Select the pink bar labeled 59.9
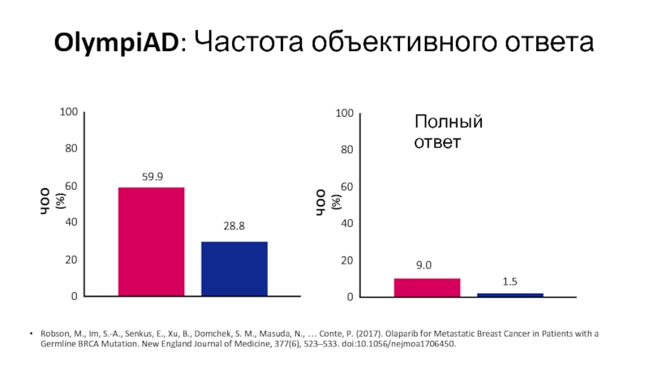(x=151, y=241)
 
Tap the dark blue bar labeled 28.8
(x=234, y=268)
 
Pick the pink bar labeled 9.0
(x=427, y=287)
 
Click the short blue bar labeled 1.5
(x=510, y=294)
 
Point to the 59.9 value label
(x=152, y=176)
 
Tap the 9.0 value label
(x=424, y=265)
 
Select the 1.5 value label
(x=509, y=281)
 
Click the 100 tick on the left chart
(x=68, y=113)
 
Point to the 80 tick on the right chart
(x=348, y=150)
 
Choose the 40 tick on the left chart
(x=71, y=222)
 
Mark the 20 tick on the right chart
(x=348, y=260)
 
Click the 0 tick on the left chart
(x=74, y=297)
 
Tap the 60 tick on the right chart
(x=348, y=187)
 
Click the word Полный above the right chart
(x=449, y=122)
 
